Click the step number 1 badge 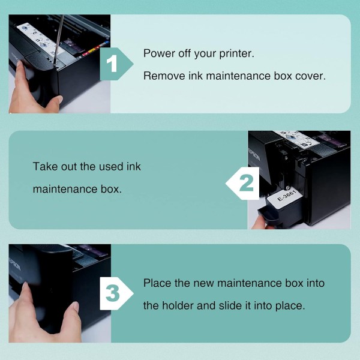coord(116,64)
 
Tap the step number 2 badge coord(243,183)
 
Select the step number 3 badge coord(116,293)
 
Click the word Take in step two coord(46,166)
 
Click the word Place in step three coord(157,283)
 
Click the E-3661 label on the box coord(287,195)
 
